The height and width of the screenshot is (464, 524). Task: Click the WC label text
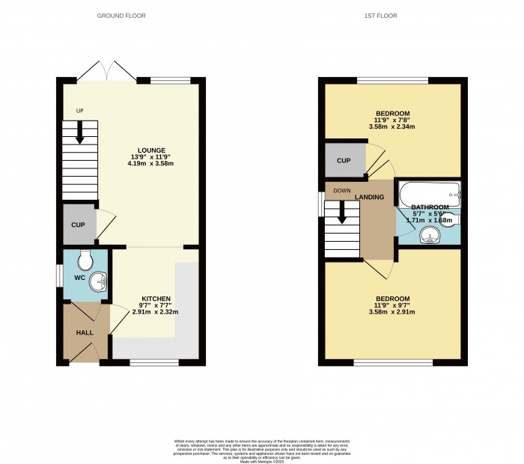79,278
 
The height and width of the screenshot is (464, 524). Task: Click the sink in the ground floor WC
99,283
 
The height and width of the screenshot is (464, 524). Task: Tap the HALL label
84,332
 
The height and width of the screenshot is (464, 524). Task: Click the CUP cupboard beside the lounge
79,225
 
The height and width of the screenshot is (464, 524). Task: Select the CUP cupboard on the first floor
344,161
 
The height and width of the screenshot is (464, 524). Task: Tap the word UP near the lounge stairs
79,112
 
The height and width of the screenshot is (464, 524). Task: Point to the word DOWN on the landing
342,190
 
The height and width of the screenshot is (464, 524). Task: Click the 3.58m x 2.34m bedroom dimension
392,126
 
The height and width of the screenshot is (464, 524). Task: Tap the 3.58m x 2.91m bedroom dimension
392,312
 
